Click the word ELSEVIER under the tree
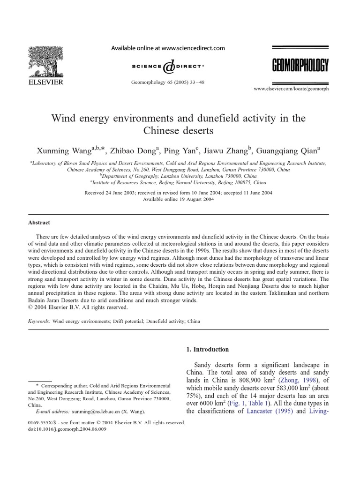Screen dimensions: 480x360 point(45,80)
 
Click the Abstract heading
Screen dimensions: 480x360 point(39,223)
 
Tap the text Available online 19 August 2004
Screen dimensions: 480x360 point(178,199)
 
